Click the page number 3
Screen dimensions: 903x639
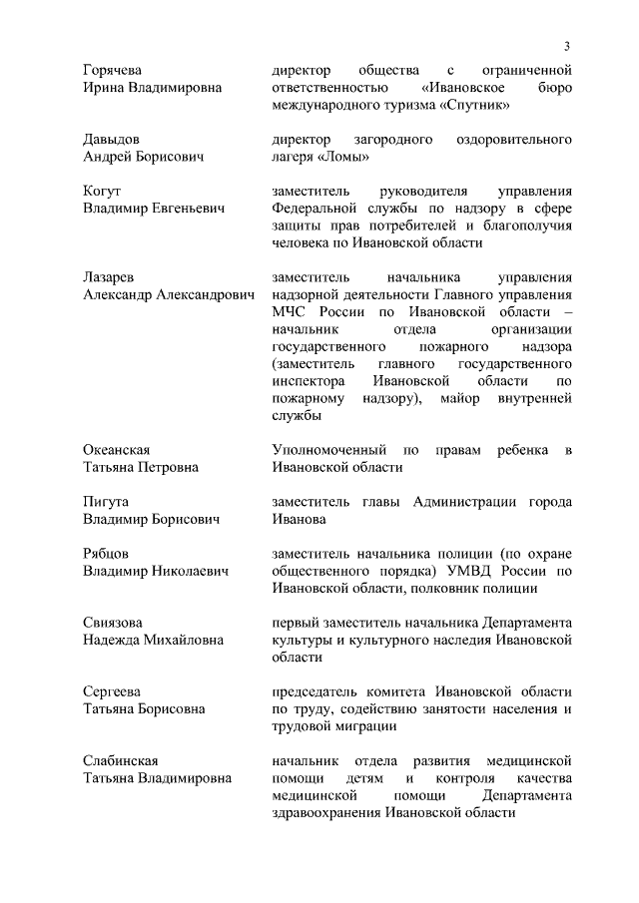click(x=566, y=46)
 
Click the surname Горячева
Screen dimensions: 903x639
click(x=112, y=70)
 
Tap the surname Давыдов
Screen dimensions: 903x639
click(x=111, y=140)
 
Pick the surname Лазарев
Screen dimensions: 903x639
click(x=108, y=277)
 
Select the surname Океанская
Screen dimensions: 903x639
click(x=121, y=451)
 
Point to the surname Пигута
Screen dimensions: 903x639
click(x=105, y=502)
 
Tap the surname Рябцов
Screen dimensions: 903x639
click(x=106, y=554)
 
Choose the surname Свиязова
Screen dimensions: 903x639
click(x=113, y=623)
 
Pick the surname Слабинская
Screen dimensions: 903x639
click(x=120, y=761)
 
